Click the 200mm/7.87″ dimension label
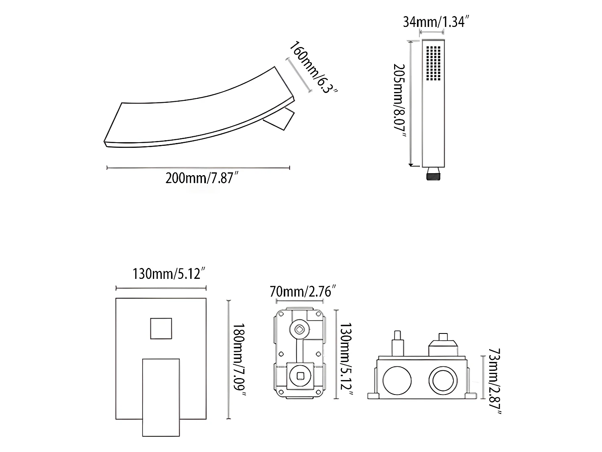tap(201, 178)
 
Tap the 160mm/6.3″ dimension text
tap(313, 67)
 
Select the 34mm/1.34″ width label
tap(436, 22)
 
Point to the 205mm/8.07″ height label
tap(399, 100)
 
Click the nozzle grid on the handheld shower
tap(433, 63)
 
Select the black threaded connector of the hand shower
tap(433, 174)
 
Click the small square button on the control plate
tap(161, 329)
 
